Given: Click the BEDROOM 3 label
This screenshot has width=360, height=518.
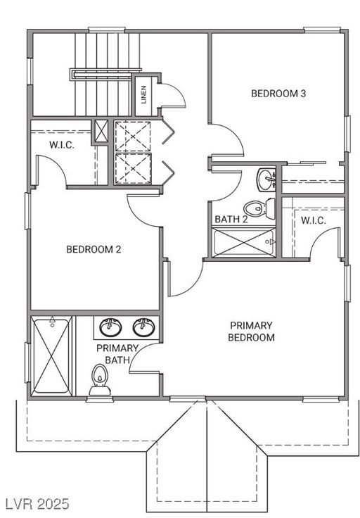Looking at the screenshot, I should (x=278, y=93).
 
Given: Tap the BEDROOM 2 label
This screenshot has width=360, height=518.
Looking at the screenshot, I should (x=95, y=248).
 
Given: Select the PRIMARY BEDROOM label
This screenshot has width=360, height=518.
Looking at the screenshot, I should (x=251, y=331).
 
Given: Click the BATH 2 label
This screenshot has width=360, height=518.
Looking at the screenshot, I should (x=231, y=220).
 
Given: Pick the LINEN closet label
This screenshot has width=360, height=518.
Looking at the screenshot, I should (x=144, y=94).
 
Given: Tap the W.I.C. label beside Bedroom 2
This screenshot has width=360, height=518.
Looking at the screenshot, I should (x=62, y=145).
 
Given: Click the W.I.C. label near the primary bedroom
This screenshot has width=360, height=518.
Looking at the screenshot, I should (x=313, y=220).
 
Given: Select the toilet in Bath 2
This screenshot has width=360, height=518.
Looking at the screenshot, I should (x=257, y=208).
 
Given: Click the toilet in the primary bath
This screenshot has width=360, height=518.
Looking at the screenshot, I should (x=99, y=381).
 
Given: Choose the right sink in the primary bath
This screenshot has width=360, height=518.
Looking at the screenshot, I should (x=143, y=327).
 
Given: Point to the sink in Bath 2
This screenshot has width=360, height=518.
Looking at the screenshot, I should (x=266, y=179).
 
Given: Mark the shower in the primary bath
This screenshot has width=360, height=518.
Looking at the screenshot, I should (x=51, y=355).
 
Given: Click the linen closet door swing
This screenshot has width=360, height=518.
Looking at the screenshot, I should (x=172, y=95).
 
